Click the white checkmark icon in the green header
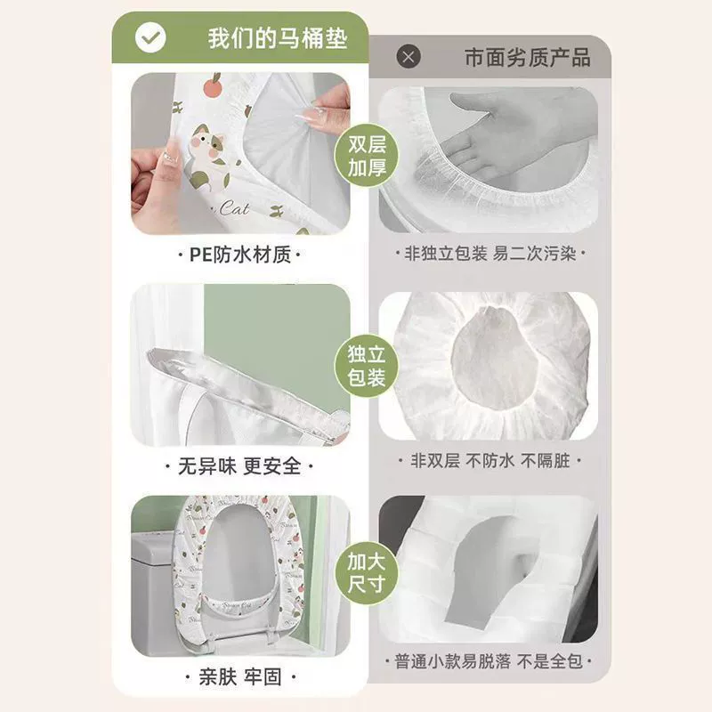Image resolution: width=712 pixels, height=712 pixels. pyautogui.click(x=150, y=37)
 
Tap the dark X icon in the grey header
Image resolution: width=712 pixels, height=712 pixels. pyautogui.click(x=409, y=57)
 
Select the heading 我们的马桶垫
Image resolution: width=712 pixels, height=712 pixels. pyautogui.click(x=278, y=38)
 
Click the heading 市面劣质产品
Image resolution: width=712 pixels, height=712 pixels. pyautogui.click(x=527, y=58)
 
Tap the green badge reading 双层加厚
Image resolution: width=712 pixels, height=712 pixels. pyautogui.click(x=367, y=155)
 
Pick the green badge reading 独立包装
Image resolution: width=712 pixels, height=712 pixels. pyautogui.click(x=367, y=366)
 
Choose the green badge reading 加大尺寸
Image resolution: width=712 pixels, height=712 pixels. pyautogui.click(x=367, y=573)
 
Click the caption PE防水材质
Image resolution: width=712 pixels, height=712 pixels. pyautogui.click(x=239, y=255)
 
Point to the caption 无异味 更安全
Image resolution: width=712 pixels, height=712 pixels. pyautogui.click(x=239, y=465)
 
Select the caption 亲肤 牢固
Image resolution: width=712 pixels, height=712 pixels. pyautogui.click(x=239, y=677)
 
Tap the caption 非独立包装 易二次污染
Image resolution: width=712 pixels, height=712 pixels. pyautogui.click(x=490, y=254)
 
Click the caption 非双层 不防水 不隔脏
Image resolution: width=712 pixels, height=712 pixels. pyautogui.click(x=490, y=460)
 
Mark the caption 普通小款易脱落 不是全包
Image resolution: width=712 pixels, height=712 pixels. pyautogui.click(x=488, y=661)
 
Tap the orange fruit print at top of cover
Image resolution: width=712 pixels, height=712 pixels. pyautogui.click(x=212, y=85)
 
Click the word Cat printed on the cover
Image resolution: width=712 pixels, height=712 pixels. pyautogui.click(x=234, y=208)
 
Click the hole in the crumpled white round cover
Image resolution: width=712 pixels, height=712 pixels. pyautogui.click(x=494, y=359)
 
